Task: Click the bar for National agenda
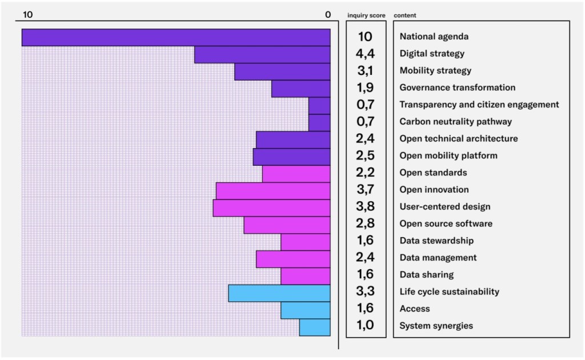pos(176,37)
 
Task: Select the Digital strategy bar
pos(262,54)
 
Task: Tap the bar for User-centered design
pos(271,208)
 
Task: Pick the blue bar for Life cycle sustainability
pos(279,293)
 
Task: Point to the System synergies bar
pos(315,327)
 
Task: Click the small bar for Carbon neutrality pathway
pos(319,122)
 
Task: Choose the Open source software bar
pos(287,225)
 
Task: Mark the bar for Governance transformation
pos(300,89)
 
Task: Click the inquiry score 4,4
pos(365,54)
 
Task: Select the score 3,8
pos(365,207)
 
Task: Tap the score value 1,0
pos(365,326)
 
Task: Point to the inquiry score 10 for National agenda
pos(365,37)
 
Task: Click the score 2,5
pos(365,155)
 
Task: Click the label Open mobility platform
pos(448,155)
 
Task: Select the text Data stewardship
pos(436,241)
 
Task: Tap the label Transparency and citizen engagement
pos(479,105)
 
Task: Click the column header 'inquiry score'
pos(366,15)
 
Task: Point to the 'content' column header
pos(404,15)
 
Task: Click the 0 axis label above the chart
pos(328,15)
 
